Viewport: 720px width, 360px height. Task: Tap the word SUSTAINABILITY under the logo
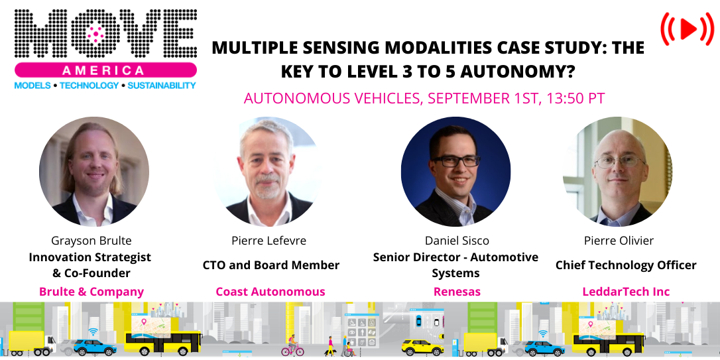[x=162, y=86]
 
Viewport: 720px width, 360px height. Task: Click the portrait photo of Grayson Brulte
[x=93, y=171]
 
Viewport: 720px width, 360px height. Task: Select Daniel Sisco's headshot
[x=456, y=171]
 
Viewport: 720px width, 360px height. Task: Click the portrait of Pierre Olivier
[x=617, y=171]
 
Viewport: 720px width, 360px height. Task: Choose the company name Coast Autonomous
[x=270, y=292]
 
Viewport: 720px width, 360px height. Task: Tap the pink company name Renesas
[x=456, y=292]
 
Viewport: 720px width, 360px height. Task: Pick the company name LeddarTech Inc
[x=625, y=292]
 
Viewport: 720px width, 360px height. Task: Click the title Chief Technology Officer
[x=625, y=265]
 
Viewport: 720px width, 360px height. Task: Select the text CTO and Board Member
[x=270, y=265]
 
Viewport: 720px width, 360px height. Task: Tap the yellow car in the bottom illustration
[x=422, y=347]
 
